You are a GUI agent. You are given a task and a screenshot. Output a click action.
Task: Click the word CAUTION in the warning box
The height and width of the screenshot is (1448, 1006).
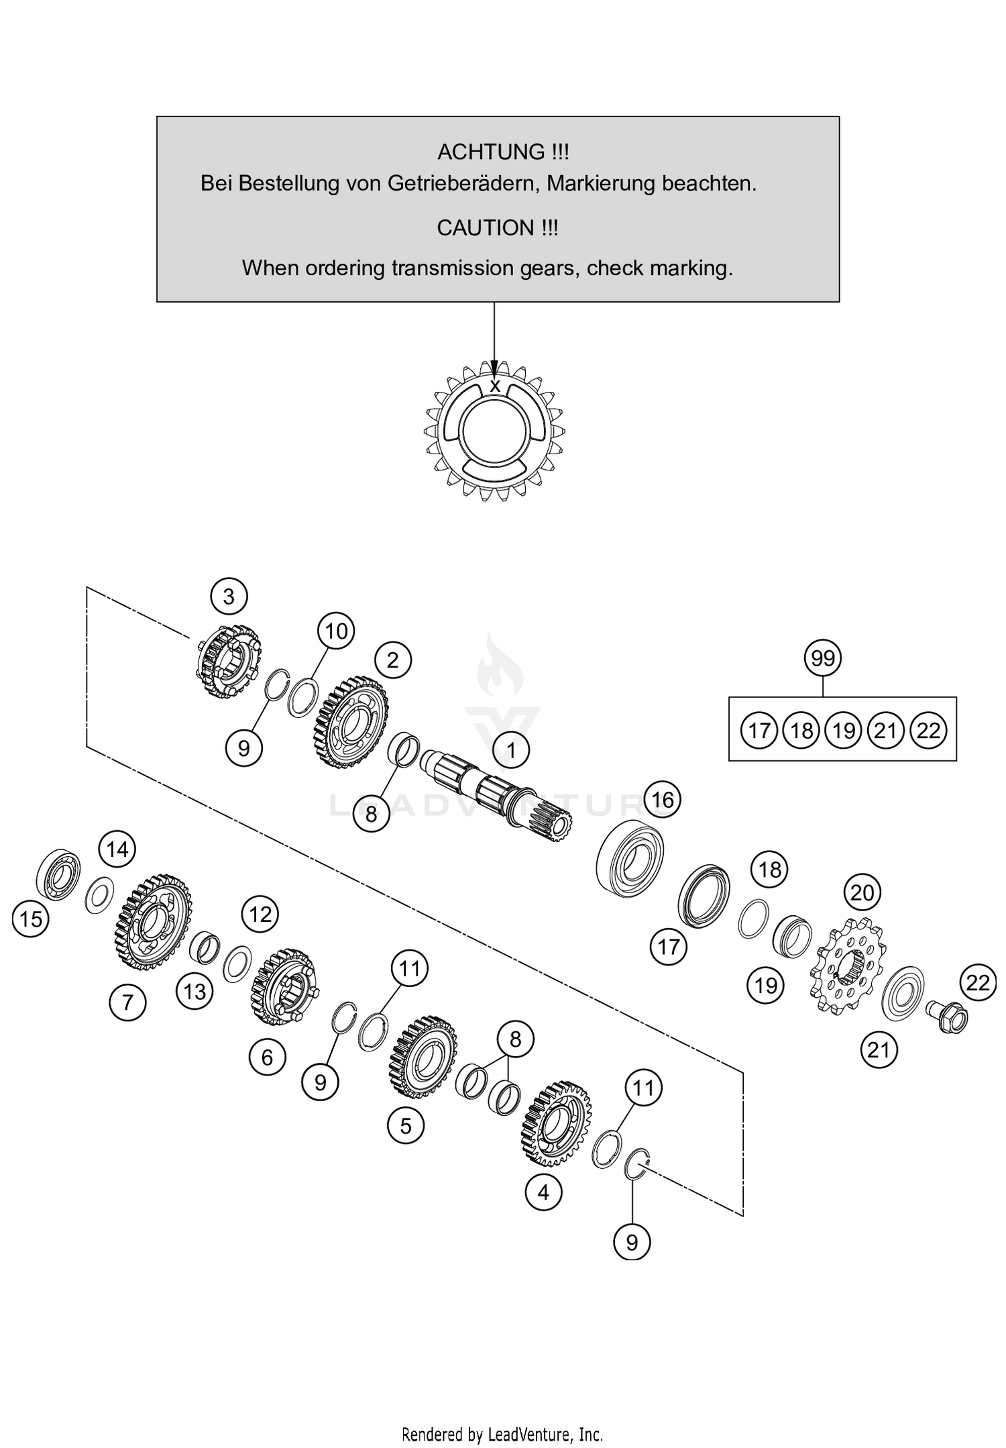tap(481, 228)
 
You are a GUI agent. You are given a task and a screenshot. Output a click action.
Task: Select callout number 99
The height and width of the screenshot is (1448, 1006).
tap(822, 658)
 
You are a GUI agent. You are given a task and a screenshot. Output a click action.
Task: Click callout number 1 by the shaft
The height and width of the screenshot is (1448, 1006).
tap(511, 749)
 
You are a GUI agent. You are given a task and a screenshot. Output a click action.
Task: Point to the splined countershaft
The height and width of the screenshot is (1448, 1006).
tap(496, 792)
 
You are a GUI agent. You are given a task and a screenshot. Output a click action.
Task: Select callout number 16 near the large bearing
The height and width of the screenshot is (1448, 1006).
tap(662, 799)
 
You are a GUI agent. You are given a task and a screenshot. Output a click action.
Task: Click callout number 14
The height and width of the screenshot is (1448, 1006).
tap(117, 849)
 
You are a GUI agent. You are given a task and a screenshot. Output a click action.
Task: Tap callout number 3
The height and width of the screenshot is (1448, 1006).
tap(228, 596)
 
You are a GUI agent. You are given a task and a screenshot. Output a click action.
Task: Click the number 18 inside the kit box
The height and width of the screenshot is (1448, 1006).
tap(801, 730)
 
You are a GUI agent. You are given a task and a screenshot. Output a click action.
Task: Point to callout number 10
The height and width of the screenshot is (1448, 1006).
tap(335, 631)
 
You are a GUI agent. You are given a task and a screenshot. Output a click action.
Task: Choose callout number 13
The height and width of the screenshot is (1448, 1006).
tap(194, 991)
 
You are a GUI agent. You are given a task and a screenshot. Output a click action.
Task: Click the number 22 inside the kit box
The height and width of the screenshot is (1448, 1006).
tap(928, 730)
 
